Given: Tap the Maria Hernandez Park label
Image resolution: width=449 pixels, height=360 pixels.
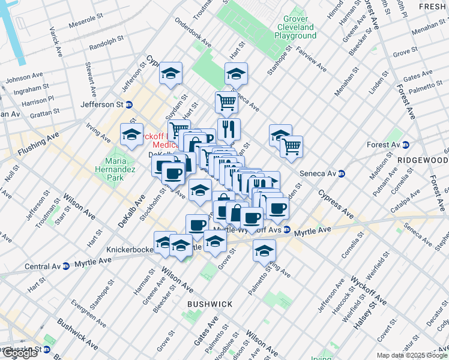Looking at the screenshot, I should click(116, 168).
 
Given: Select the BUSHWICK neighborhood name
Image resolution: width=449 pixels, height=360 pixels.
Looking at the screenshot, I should click(209, 304).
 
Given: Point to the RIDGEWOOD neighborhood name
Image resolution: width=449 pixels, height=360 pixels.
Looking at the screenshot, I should click(423, 161).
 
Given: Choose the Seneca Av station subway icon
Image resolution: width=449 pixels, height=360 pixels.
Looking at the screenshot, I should click(342, 173).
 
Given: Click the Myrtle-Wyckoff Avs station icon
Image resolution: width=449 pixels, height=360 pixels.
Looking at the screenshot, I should click(287, 230).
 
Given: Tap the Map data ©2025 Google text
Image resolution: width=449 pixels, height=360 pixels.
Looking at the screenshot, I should click(411, 355).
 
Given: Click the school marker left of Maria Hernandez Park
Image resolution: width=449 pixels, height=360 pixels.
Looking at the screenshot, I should click(131, 136).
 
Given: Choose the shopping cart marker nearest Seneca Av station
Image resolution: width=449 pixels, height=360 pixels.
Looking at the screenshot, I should click(291, 146).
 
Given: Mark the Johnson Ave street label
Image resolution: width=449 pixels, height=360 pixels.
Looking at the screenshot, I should click(24, 77).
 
